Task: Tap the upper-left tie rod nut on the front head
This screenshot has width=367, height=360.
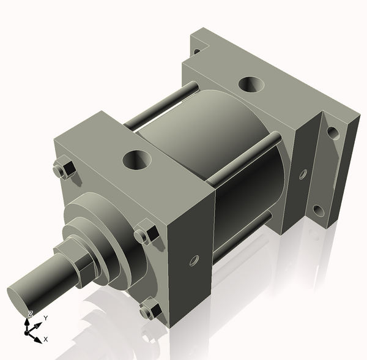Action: (62, 170)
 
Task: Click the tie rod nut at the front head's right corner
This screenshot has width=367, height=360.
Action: (145, 236)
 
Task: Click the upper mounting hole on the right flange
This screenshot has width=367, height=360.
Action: (333, 132)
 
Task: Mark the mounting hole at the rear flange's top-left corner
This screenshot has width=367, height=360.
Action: (196, 52)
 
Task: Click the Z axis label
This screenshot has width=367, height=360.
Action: (30, 313)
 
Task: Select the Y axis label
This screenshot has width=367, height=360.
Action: (45, 318)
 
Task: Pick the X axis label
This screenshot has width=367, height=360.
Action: (46, 339)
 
